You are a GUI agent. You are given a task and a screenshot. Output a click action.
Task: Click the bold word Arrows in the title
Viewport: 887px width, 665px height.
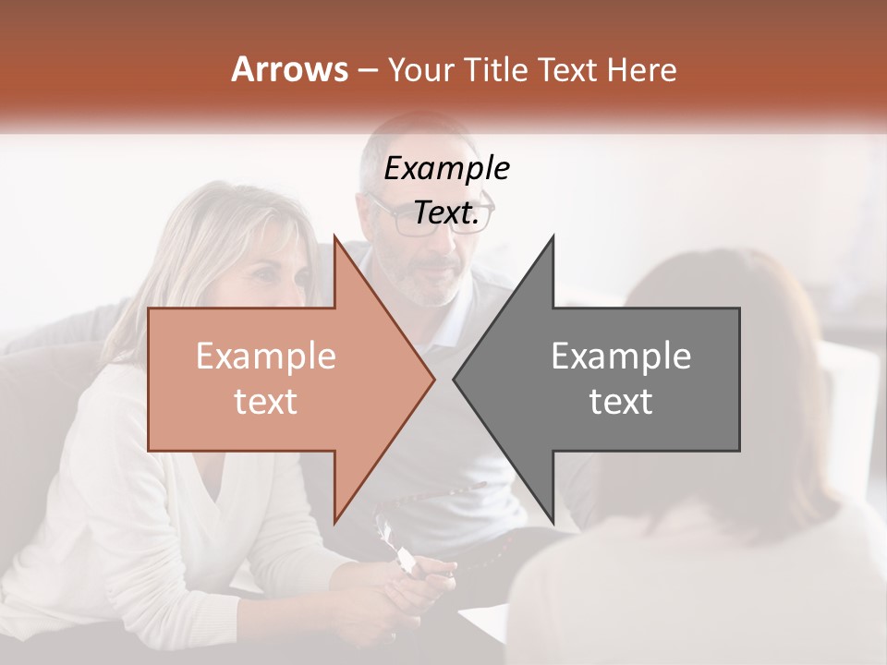[x=289, y=69]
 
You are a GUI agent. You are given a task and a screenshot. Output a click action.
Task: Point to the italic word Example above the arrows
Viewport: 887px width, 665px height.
[x=446, y=169]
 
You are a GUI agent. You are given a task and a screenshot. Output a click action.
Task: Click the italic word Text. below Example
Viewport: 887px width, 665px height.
[x=446, y=212]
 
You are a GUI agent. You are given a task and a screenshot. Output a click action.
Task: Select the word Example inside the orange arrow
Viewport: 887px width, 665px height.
[x=265, y=357]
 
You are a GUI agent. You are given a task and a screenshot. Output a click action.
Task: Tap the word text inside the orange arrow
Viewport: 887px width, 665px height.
[x=265, y=402]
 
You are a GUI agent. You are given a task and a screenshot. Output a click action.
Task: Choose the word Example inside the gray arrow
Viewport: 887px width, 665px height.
[x=621, y=357]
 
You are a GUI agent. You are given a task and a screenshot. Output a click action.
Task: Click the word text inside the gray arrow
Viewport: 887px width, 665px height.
[x=621, y=402]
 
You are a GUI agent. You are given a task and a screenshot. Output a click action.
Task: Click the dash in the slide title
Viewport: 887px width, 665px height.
[x=367, y=71]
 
